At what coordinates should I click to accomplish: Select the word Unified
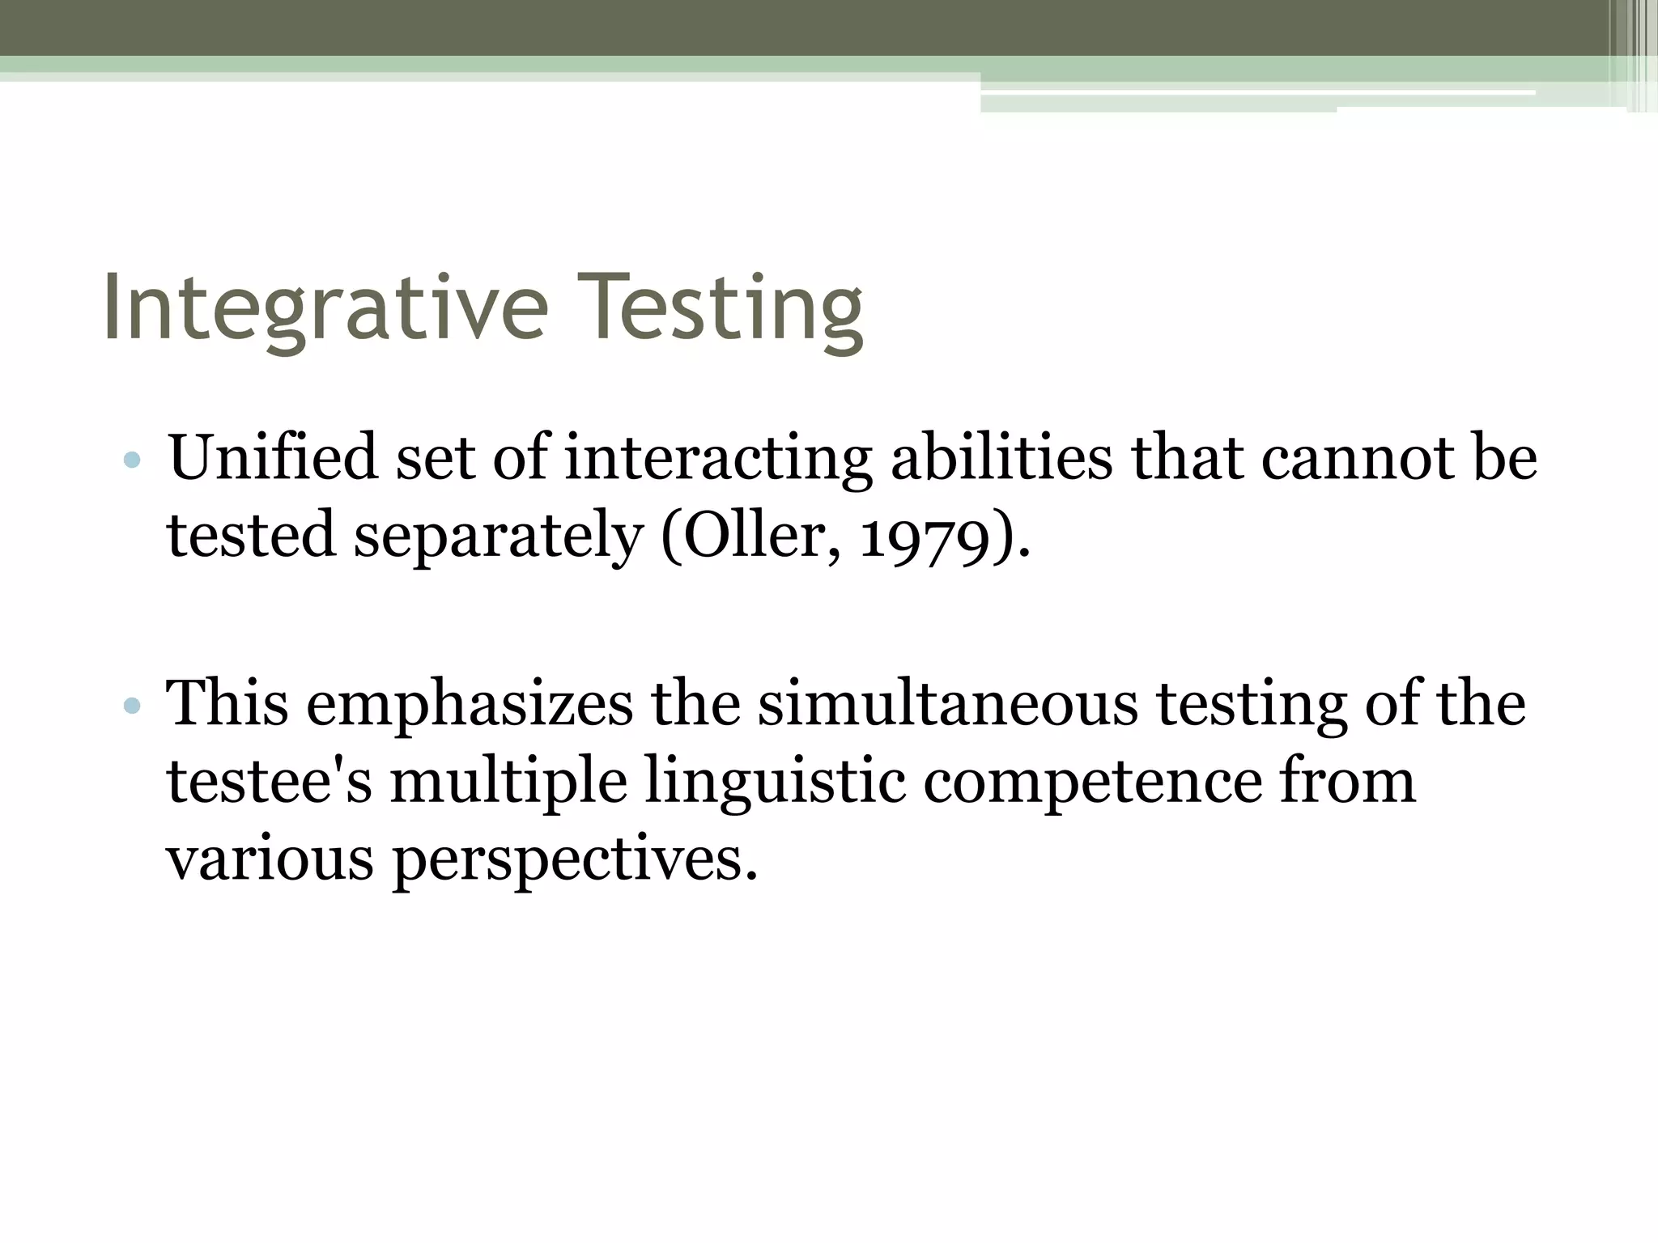coord(273,458)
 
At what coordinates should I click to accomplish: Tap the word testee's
coord(269,782)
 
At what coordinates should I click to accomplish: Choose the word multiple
coord(508,783)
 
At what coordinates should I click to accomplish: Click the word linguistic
coord(775,783)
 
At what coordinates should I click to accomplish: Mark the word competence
coord(1092,783)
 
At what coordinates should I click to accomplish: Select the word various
coord(270,859)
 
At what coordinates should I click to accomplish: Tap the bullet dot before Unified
coord(132,461)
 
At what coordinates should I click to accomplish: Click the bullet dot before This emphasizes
coord(132,706)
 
